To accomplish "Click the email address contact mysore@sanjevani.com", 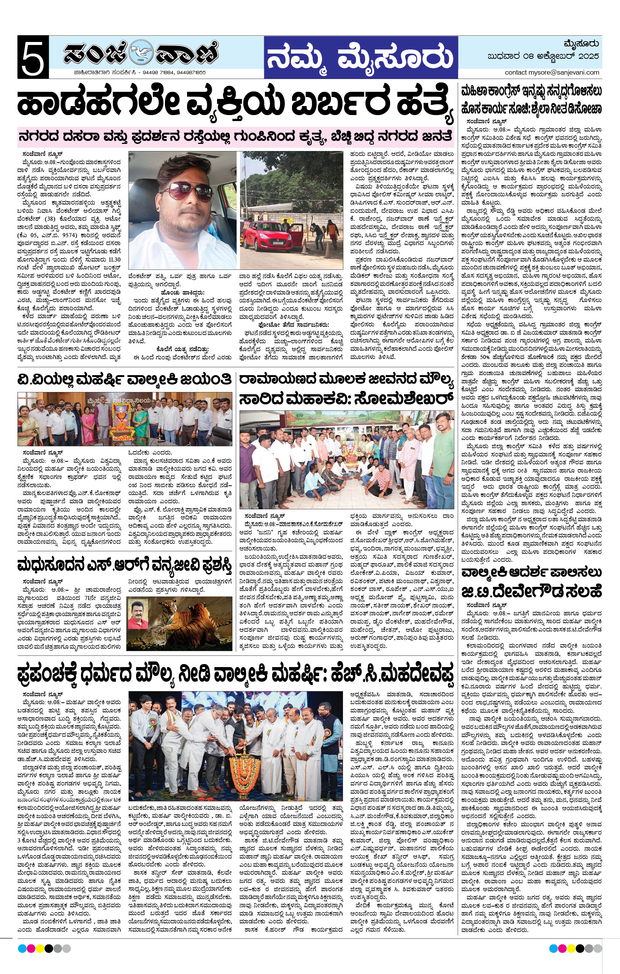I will pos(552,72).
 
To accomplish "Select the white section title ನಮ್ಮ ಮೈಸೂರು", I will pos(360,57).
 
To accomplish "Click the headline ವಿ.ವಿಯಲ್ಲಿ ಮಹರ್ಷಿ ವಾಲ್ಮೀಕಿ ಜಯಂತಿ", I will pos(125,379).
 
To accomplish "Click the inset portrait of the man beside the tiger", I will pos(138,614).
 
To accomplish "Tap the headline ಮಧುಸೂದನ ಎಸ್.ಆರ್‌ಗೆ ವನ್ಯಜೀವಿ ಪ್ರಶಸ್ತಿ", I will pos(125,566).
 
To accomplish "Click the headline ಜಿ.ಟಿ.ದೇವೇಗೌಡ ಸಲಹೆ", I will pos(531,592).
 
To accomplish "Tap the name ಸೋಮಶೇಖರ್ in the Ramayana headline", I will pos(403,399).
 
